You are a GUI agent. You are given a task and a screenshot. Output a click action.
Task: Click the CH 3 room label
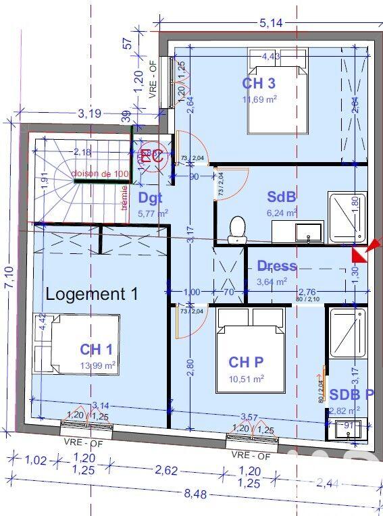coord(259,84)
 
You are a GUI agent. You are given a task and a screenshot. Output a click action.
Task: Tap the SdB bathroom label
coord(282,197)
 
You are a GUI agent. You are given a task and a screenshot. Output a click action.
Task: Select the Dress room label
coord(277,266)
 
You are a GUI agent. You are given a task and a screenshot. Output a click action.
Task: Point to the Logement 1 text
coord(92,294)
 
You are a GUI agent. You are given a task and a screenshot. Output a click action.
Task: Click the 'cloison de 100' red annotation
coord(101,174)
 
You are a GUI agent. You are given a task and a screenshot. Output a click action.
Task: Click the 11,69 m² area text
coord(259,99)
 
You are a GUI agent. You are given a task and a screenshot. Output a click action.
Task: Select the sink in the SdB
coord(301,232)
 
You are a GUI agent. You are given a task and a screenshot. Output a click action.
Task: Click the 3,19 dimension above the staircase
coord(89,113)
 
